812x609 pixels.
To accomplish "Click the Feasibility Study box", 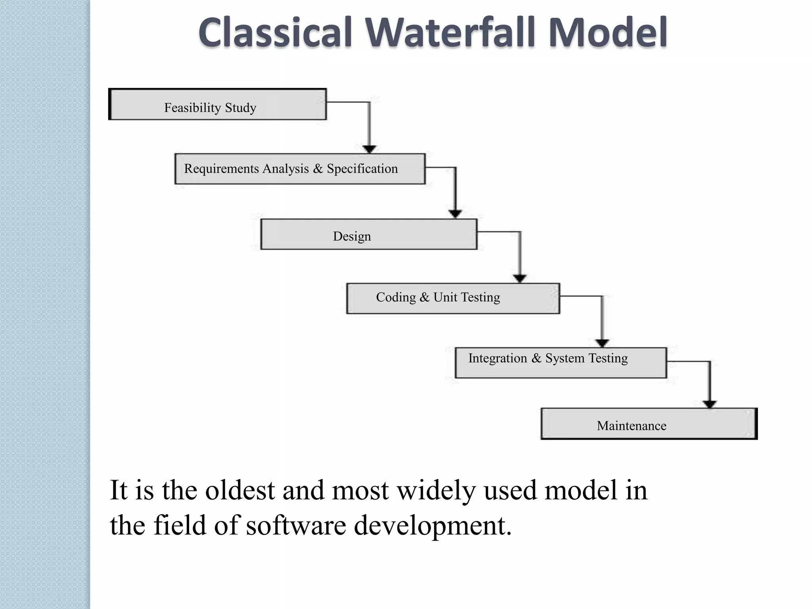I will tap(217, 105).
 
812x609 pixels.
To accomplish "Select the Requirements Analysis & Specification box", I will tap(300, 169).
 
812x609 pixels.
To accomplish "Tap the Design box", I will tap(369, 234).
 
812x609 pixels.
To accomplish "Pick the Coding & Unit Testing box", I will tap(453, 299).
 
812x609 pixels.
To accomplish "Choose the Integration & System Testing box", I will tap(561, 363).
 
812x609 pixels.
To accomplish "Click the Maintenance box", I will tap(649, 424).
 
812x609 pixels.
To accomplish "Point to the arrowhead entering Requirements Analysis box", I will tap(370, 149).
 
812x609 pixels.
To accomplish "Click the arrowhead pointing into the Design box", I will tap(455, 214).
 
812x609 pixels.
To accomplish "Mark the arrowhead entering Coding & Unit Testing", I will tap(520, 278).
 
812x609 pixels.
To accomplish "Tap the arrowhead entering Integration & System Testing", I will tap(602, 343).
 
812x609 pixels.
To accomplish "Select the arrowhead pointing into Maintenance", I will tap(709, 404).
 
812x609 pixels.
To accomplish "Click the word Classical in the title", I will tap(276, 33).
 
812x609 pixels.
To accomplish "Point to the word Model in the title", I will tap(607, 33).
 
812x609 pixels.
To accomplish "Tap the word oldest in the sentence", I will tap(240, 490).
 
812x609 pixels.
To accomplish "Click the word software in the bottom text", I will tap(296, 526).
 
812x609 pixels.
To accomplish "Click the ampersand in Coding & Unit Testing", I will tap(424, 297).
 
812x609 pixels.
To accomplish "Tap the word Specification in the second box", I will tap(362, 169).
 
